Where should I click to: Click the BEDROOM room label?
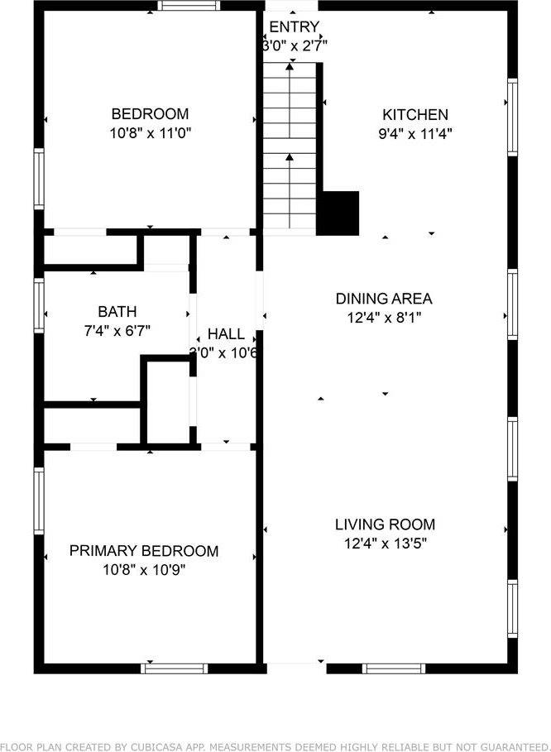(x=150, y=114)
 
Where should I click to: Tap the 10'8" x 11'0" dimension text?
(x=150, y=132)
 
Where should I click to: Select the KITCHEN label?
(x=414, y=115)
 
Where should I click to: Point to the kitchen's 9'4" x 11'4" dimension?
(x=414, y=132)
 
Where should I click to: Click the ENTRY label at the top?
(x=294, y=27)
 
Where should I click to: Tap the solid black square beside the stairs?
(x=338, y=213)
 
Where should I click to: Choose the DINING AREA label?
(x=383, y=299)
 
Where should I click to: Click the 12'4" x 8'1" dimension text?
(x=383, y=316)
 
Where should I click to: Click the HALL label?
(x=226, y=334)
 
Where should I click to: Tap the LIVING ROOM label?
(x=385, y=524)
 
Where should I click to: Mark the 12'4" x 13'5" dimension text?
(x=385, y=543)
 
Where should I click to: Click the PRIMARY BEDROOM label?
(x=144, y=551)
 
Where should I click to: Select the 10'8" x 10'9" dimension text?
(x=144, y=569)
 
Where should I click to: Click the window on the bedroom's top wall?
(x=183, y=6)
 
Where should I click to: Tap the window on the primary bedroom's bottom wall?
(x=174, y=668)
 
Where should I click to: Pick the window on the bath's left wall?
(x=39, y=304)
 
